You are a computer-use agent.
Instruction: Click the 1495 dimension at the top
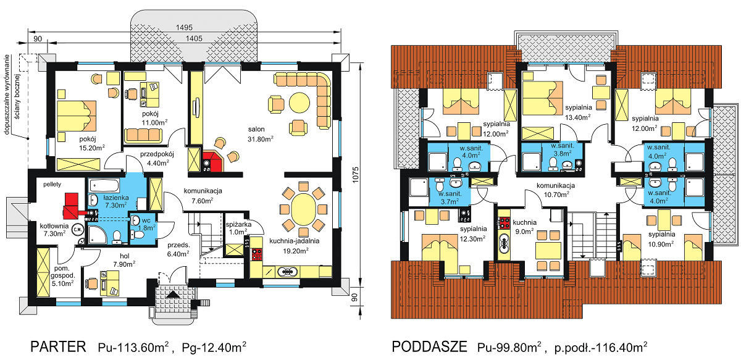184,27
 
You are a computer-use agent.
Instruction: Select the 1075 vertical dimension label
355,175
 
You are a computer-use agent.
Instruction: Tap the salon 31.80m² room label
261,134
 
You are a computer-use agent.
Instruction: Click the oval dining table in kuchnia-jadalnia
303,210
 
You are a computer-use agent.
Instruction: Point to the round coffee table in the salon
299,103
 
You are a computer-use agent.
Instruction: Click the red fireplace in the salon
214,161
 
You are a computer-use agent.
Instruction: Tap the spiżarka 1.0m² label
238,228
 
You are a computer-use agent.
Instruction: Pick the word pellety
52,184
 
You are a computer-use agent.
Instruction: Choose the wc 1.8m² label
146,224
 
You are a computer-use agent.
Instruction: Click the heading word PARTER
58,346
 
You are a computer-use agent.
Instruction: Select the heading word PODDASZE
429,346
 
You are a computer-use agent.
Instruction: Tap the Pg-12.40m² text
214,347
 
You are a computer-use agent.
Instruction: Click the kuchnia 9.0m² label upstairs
524,227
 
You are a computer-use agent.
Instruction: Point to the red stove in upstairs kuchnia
504,222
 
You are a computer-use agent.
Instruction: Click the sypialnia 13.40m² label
578,112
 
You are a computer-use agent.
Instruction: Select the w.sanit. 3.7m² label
450,197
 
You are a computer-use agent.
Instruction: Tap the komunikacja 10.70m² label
556,190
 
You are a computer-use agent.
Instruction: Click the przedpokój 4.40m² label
157,158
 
